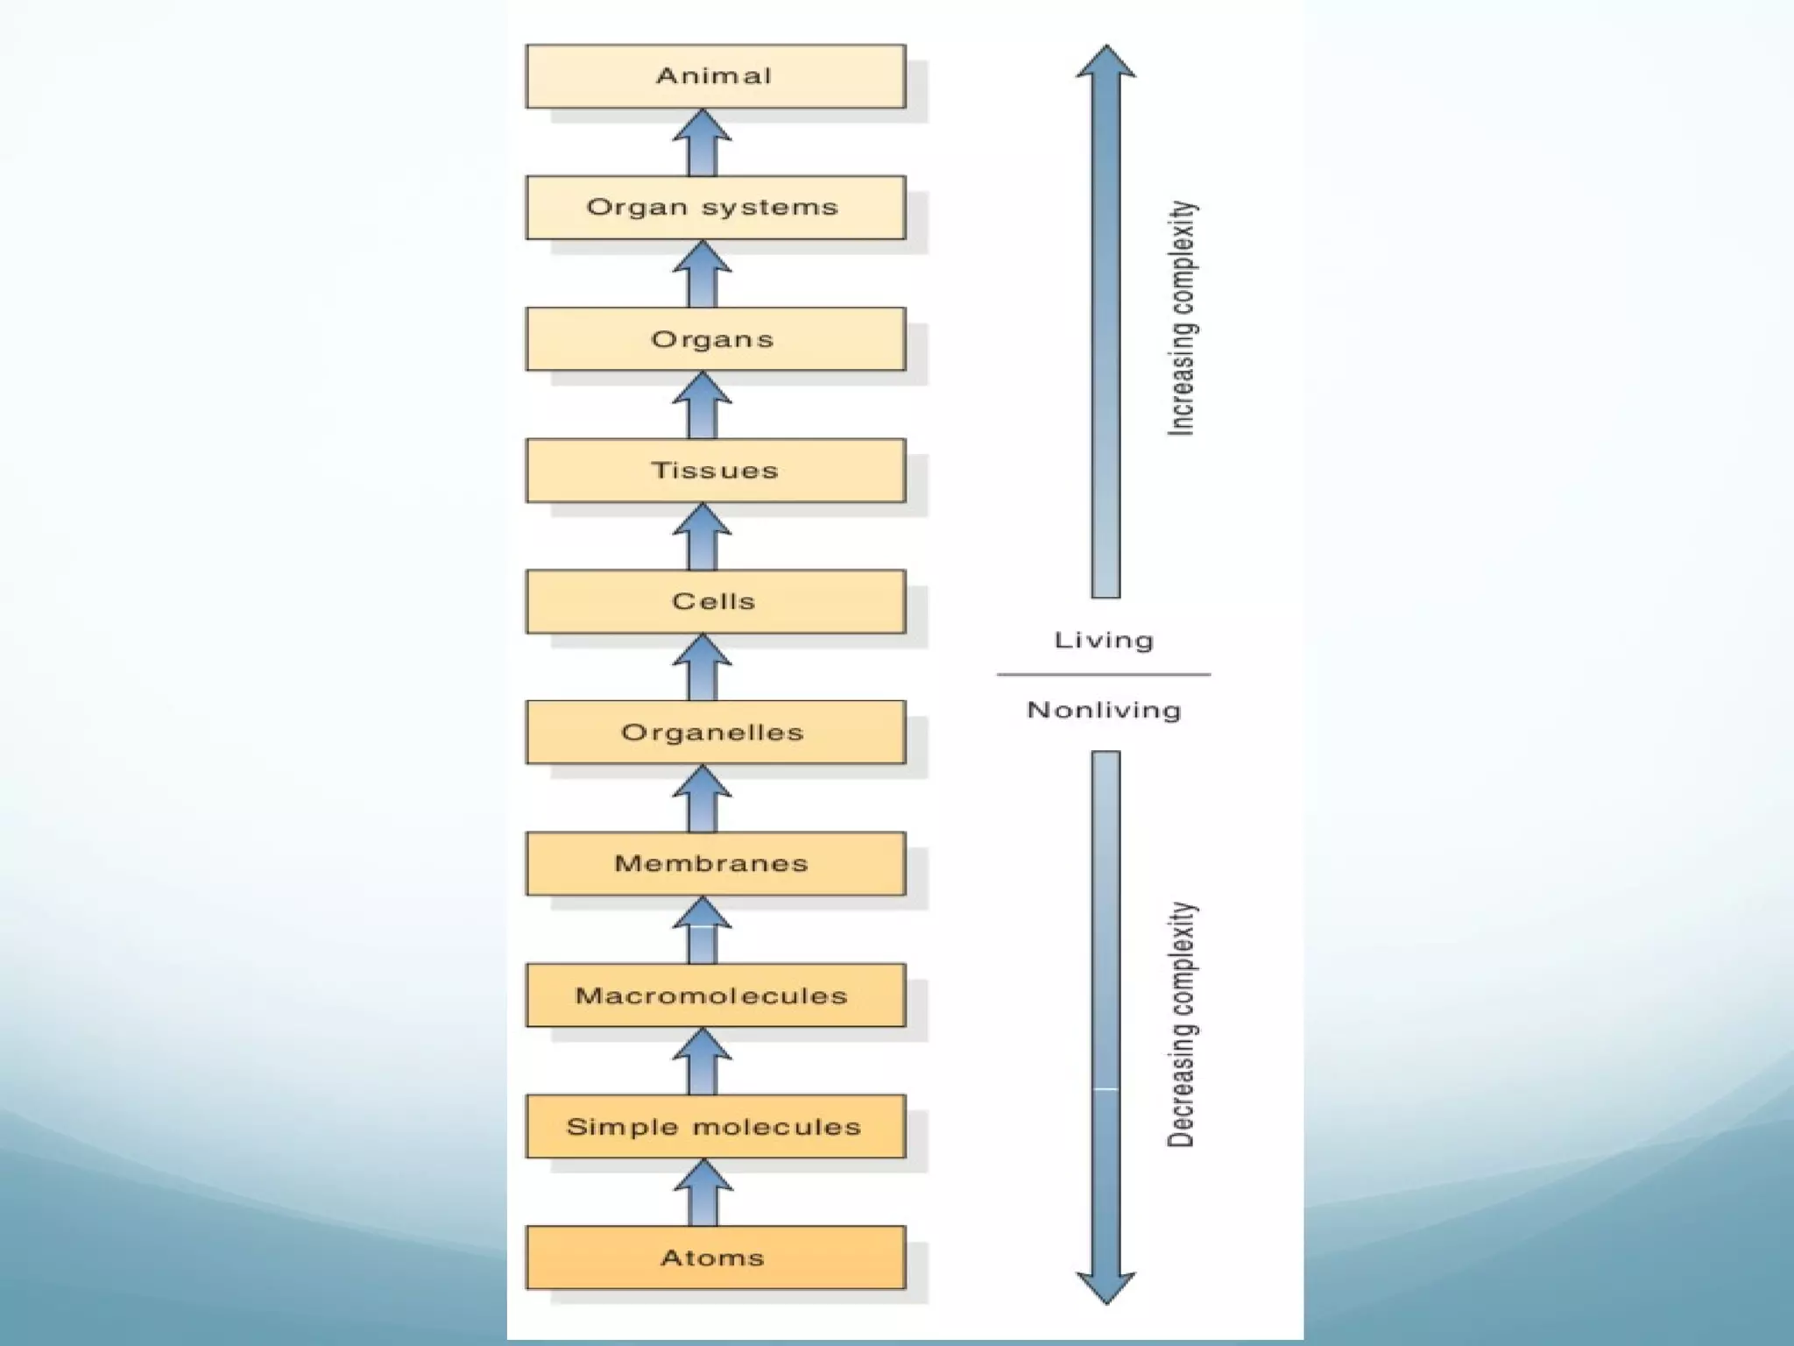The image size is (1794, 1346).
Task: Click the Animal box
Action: (x=716, y=76)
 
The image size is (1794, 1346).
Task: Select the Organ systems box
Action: (x=716, y=208)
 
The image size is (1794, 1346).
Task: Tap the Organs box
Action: (x=716, y=339)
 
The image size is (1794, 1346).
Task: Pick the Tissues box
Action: (x=716, y=471)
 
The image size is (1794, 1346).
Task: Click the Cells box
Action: (x=716, y=602)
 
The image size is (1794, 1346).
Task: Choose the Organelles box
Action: (x=716, y=733)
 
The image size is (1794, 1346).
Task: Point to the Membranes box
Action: (x=716, y=864)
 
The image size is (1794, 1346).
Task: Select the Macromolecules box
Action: (x=716, y=995)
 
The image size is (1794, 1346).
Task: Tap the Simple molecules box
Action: (x=716, y=1127)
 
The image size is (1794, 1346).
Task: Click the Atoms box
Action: (x=716, y=1257)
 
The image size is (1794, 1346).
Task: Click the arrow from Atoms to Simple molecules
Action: (x=703, y=1193)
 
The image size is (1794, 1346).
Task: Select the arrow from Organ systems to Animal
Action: (x=703, y=142)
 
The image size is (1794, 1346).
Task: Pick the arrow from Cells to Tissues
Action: (x=703, y=536)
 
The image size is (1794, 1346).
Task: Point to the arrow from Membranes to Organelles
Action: (x=703, y=798)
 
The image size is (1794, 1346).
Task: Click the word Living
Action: (x=1104, y=641)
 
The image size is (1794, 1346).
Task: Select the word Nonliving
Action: (x=1104, y=710)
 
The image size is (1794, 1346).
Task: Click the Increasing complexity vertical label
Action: (x=1182, y=318)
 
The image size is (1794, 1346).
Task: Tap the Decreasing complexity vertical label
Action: (x=1182, y=1024)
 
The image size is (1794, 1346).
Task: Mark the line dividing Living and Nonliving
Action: (x=1104, y=675)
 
